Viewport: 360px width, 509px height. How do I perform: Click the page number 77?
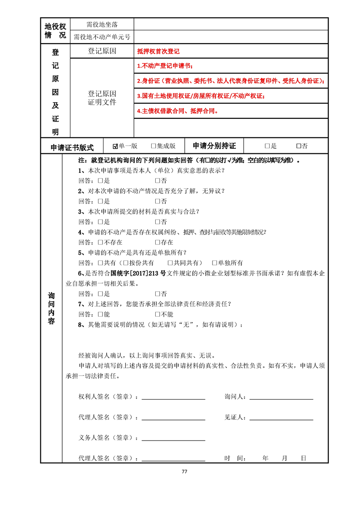click(x=184, y=471)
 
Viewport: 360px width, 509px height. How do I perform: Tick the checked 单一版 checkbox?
click(x=115, y=146)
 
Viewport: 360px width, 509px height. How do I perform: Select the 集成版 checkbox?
click(x=153, y=146)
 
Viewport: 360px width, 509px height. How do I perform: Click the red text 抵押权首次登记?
click(x=158, y=52)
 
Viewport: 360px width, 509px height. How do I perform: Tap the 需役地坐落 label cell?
click(x=102, y=24)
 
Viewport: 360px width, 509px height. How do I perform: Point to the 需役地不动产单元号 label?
click(x=102, y=37)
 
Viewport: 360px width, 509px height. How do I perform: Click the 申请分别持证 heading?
click(x=214, y=146)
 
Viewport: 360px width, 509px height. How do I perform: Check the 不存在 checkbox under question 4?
click(x=101, y=242)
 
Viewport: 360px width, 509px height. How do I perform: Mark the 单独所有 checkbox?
click(x=215, y=263)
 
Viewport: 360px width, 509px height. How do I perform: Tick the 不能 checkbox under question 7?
click(x=158, y=314)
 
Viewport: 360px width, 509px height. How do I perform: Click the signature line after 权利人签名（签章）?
click(x=173, y=398)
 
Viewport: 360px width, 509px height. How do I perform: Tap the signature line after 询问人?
click(x=281, y=398)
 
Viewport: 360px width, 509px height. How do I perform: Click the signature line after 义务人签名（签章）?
click(x=173, y=439)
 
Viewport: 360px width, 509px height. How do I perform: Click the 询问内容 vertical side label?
click(x=51, y=308)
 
